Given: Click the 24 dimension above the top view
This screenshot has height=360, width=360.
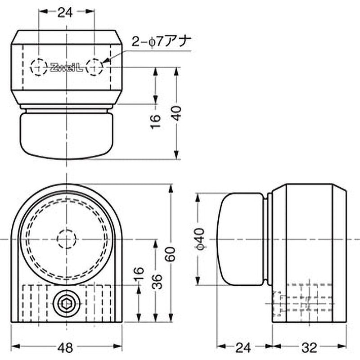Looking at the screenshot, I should (x=66, y=13).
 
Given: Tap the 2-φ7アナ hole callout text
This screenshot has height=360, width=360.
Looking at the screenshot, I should (x=162, y=42).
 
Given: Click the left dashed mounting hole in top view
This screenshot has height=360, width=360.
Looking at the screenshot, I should (x=38, y=67).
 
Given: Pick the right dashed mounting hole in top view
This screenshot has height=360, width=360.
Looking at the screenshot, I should (x=94, y=67).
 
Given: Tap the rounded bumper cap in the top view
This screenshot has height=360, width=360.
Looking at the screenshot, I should (x=66, y=135).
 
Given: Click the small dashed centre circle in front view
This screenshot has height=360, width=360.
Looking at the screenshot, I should (x=67, y=239).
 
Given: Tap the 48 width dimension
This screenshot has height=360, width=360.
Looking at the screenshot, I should (x=66, y=347).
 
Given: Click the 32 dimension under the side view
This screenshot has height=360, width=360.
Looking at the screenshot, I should (x=310, y=347).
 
